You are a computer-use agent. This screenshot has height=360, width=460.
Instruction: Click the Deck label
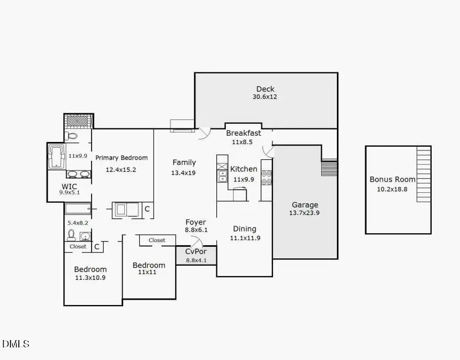(265, 89)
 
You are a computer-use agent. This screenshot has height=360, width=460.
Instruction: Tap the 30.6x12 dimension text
(265, 97)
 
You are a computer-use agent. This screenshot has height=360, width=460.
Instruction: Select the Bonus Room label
(392, 179)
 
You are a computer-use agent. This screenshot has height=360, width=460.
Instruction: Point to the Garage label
(305, 205)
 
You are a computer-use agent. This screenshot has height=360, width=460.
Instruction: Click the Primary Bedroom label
(122, 158)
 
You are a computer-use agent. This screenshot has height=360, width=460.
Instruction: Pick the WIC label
(70, 186)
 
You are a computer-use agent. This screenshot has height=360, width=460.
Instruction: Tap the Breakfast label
(243, 133)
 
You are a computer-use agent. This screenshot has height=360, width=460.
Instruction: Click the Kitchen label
(244, 169)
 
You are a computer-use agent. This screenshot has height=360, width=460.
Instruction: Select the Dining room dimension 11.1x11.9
(245, 238)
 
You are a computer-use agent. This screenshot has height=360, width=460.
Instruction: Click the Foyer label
(196, 222)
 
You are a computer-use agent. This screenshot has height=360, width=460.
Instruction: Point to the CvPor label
(196, 252)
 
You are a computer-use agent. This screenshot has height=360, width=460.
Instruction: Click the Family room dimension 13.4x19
(183, 172)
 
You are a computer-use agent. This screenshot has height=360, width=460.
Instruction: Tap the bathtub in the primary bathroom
(57, 156)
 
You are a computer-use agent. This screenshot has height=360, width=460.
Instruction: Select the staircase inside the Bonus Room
(423, 174)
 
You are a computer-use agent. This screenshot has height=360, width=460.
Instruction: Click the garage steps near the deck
(328, 168)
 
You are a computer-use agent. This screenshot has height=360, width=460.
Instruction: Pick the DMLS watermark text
(16, 344)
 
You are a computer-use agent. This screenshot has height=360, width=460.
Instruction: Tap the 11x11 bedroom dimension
(149, 272)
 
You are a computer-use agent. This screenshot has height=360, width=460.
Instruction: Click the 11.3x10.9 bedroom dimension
(90, 278)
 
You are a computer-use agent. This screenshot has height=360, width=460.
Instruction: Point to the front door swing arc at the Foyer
(196, 242)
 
